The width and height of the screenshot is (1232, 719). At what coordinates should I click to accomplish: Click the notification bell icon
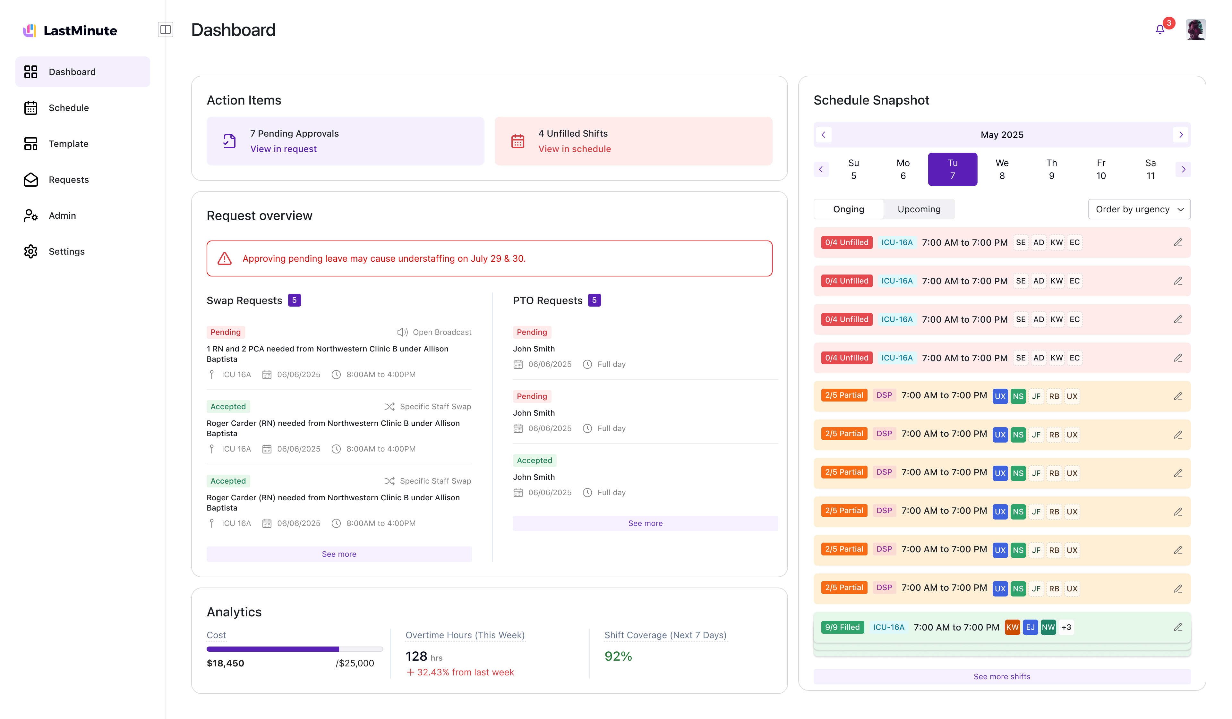1159,30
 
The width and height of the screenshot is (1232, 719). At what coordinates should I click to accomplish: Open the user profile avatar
1195,30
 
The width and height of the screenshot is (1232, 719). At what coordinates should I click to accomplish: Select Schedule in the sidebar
68,108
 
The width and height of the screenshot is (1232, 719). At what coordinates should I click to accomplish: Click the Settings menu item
66,252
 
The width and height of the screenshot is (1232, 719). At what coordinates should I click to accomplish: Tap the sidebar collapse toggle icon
165,30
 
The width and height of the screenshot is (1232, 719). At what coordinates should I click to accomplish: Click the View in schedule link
574,149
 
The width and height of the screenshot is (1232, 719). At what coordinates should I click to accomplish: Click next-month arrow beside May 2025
1181,135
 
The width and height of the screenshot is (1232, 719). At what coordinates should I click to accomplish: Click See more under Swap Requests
339,554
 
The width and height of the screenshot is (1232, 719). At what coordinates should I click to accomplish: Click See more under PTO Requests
645,523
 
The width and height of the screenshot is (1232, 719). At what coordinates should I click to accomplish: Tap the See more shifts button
1002,677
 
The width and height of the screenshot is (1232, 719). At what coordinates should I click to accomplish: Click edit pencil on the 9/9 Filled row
1178,628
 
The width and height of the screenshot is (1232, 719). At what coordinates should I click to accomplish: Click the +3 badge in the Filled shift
1066,628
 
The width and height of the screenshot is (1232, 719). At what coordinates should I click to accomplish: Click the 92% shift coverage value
618,656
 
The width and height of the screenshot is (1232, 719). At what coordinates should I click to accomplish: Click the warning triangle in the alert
224,259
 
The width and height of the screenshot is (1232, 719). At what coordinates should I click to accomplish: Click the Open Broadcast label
441,332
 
